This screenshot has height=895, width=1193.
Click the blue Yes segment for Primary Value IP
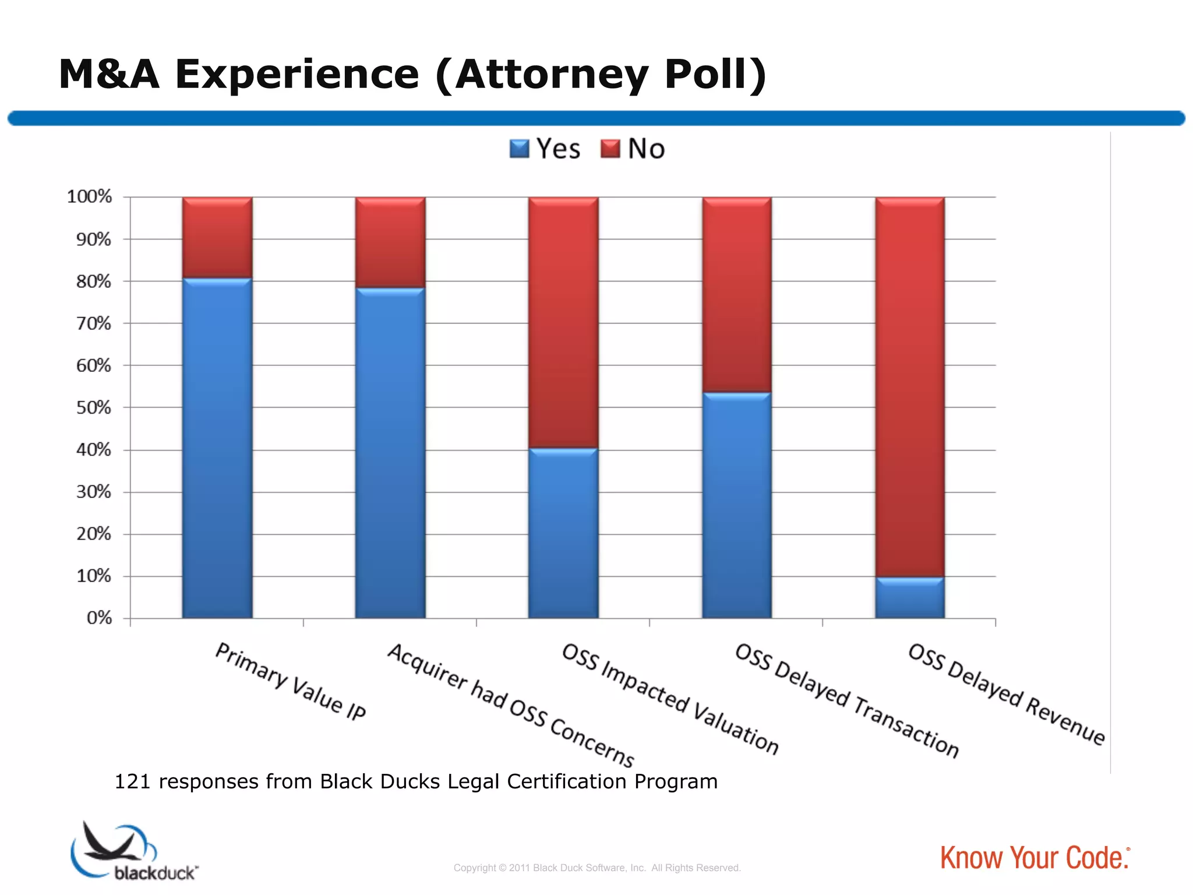click(x=217, y=449)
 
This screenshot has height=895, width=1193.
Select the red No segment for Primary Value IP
click(x=217, y=238)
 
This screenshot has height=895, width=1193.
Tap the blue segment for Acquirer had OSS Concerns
click(x=390, y=453)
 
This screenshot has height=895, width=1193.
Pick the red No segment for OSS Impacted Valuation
click(x=563, y=323)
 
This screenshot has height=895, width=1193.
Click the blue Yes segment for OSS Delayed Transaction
click(x=737, y=506)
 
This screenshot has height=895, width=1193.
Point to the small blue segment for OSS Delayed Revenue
click(x=910, y=598)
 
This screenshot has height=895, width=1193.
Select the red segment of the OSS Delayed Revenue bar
click(x=910, y=387)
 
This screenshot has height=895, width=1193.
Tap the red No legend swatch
click(x=610, y=149)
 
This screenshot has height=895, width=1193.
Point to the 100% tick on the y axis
click(x=89, y=197)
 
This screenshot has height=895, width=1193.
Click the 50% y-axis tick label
click(x=94, y=408)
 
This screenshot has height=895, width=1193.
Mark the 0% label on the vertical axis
click(x=99, y=618)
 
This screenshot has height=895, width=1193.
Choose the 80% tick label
click(x=94, y=281)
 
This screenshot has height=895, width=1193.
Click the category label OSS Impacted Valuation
click(x=670, y=699)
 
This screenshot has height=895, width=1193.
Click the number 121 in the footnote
click(x=132, y=781)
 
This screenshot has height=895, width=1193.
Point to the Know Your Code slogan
click(x=1035, y=858)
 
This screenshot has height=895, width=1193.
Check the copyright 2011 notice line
click(x=596, y=868)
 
